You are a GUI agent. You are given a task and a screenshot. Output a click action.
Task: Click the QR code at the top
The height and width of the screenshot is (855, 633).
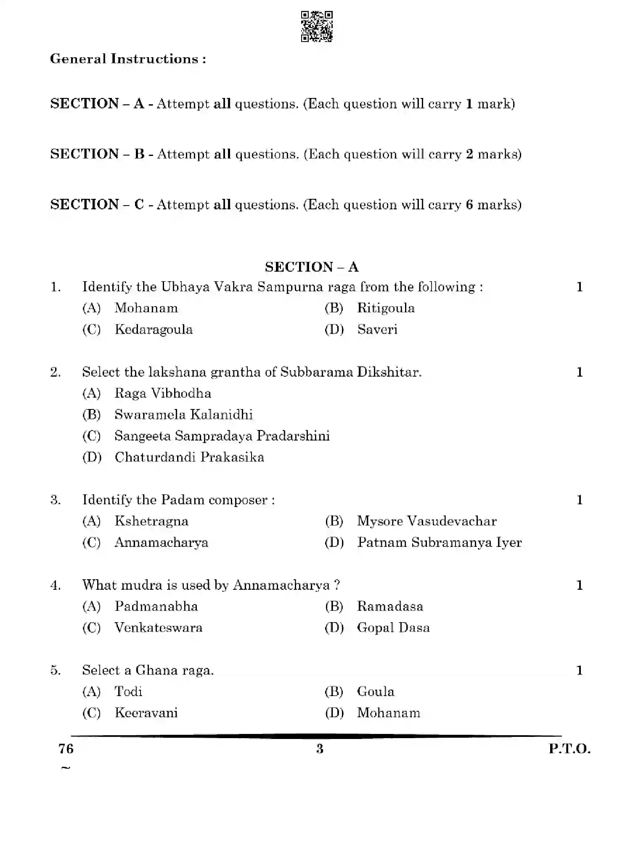(x=317, y=26)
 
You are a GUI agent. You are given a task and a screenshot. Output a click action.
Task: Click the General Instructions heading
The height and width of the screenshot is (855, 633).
(x=128, y=59)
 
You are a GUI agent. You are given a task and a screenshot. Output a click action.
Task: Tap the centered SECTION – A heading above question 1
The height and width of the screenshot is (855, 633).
(x=311, y=267)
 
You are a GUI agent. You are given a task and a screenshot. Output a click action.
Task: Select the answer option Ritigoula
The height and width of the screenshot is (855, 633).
(x=385, y=308)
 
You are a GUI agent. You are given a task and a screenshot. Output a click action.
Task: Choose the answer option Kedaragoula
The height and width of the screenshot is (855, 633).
(x=154, y=329)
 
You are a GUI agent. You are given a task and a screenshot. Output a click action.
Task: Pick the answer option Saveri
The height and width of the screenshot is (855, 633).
(x=377, y=329)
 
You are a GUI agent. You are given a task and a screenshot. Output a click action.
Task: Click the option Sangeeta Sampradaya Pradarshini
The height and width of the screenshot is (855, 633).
(x=222, y=436)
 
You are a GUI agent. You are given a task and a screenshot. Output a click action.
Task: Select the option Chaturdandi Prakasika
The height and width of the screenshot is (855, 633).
(x=189, y=457)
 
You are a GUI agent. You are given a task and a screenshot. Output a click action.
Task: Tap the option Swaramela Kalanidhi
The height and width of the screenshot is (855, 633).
(x=183, y=415)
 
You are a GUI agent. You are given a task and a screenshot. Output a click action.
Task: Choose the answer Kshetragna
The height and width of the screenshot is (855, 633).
(x=151, y=521)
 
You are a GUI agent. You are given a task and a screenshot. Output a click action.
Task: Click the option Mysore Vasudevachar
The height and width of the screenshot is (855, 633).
(x=426, y=521)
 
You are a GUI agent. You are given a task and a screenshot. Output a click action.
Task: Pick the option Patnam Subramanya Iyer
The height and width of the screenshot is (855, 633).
(x=439, y=543)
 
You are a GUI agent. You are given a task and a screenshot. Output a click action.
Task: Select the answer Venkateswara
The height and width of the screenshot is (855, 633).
(x=159, y=628)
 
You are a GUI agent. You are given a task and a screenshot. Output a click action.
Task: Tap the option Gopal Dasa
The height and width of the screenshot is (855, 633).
(x=393, y=628)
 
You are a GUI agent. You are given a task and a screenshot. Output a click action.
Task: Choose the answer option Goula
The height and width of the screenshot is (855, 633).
(x=376, y=691)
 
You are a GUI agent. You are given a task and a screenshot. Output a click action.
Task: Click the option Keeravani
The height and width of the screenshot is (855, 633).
(x=146, y=713)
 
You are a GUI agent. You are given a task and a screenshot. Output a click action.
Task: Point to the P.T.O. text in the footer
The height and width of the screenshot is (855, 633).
(x=569, y=749)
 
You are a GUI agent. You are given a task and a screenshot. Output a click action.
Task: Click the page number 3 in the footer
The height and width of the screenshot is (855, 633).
(x=320, y=749)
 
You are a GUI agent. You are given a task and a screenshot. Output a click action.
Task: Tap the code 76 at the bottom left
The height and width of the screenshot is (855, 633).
(x=66, y=749)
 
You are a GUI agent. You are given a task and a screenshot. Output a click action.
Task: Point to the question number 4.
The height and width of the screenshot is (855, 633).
(x=56, y=585)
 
